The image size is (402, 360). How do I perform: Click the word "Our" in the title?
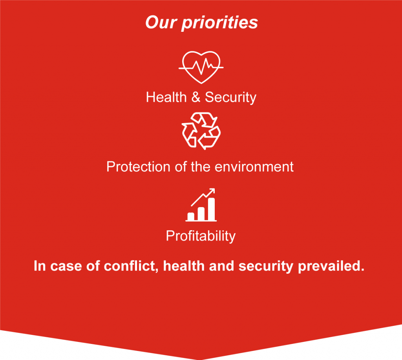pyautogui.click(x=161, y=22)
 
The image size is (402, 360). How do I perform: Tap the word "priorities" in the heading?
pyautogui.click(x=219, y=23)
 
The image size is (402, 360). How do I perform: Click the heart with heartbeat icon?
pyautogui.click(x=201, y=67)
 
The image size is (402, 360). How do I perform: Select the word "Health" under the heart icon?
pyautogui.click(x=166, y=97)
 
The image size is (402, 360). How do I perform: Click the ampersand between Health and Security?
pyautogui.click(x=196, y=97)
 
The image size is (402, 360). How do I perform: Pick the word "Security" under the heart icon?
pyautogui.click(x=230, y=98)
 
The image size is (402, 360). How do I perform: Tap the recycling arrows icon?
pyautogui.click(x=201, y=131)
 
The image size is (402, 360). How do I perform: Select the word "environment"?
pyautogui.click(x=254, y=167)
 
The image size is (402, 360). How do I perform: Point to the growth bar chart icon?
pyautogui.click(x=201, y=205)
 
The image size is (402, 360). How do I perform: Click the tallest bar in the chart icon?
pyautogui.click(x=211, y=209)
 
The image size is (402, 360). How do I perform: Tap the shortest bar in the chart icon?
pyautogui.click(x=191, y=216)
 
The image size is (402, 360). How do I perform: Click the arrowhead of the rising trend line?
pyautogui.click(x=212, y=191)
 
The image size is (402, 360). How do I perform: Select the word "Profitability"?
pyautogui.click(x=201, y=236)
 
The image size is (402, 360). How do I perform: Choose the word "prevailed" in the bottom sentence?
pyautogui.click(x=331, y=266)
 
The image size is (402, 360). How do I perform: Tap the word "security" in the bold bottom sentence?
pyautogui.click(x=266, y=267)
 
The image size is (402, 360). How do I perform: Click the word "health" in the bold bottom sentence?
pyautogui.click(x=184, y=266)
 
